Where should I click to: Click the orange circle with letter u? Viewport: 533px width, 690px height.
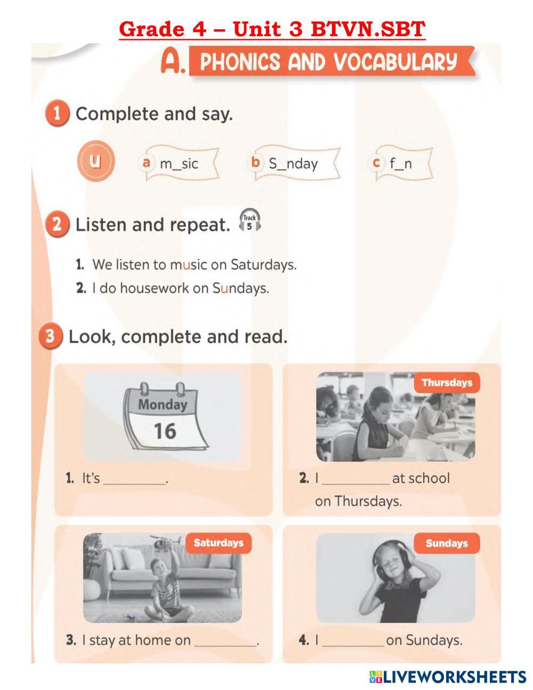click(x=96, y=161)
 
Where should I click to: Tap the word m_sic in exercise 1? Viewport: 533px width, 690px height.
click(x=179, y=164)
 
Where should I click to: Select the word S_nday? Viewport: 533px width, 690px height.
click(x=293, y=164)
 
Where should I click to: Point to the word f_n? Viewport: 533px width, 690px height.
click(x=401, y=164)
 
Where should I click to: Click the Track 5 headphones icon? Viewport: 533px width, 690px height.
click(x=249, y=220)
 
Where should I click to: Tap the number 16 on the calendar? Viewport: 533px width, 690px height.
click(x=165, y=431)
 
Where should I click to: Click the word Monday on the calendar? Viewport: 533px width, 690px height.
click(x=163, y=405)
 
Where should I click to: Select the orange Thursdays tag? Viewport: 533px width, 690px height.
click(x=447, y=383)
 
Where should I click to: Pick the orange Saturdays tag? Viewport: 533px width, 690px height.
click(x=219, y=543)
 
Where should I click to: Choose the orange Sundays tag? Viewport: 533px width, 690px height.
click(x=447, y=543)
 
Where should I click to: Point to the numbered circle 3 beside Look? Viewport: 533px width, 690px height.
click(x=50, y=336)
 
